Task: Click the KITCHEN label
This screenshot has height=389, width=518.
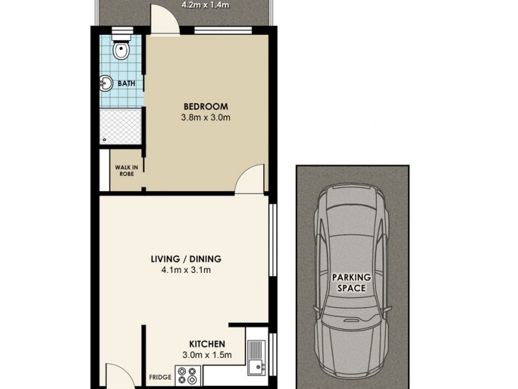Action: tap(207, 344)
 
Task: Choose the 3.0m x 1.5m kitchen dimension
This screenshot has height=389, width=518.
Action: tap(207, 355)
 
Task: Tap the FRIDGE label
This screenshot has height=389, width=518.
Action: tap(160, 377)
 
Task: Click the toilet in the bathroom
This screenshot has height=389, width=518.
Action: tap(120, 47)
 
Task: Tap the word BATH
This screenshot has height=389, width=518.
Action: tap(126, 83)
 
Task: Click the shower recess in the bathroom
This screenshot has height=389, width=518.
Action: tap(121, 127)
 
